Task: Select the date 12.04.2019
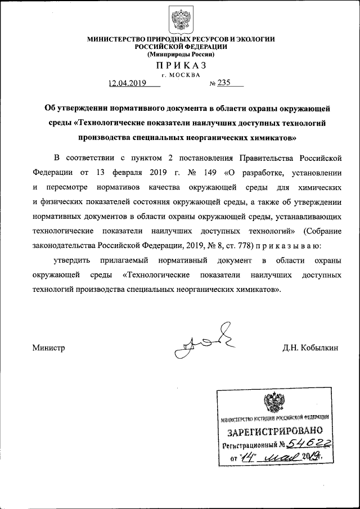[128, 83]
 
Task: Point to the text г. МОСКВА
[180, 74]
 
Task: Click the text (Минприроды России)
[180, 55]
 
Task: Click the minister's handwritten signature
[203, 342]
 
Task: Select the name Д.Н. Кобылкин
[310, 348]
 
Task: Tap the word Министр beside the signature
[49, 348]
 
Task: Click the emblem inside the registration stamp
[275, 404]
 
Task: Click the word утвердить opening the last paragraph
[70, 261]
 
